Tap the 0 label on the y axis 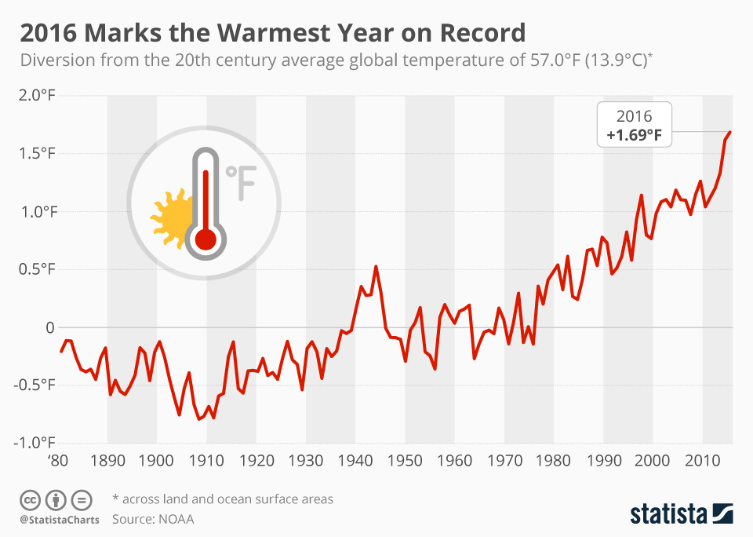(50, 327)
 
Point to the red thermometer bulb (206, 239)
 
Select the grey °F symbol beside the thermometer (241, 182)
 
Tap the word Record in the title (482, 34)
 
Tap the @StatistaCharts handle (60, 519)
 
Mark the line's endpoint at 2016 (730, 132)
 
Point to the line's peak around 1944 (376, 267)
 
